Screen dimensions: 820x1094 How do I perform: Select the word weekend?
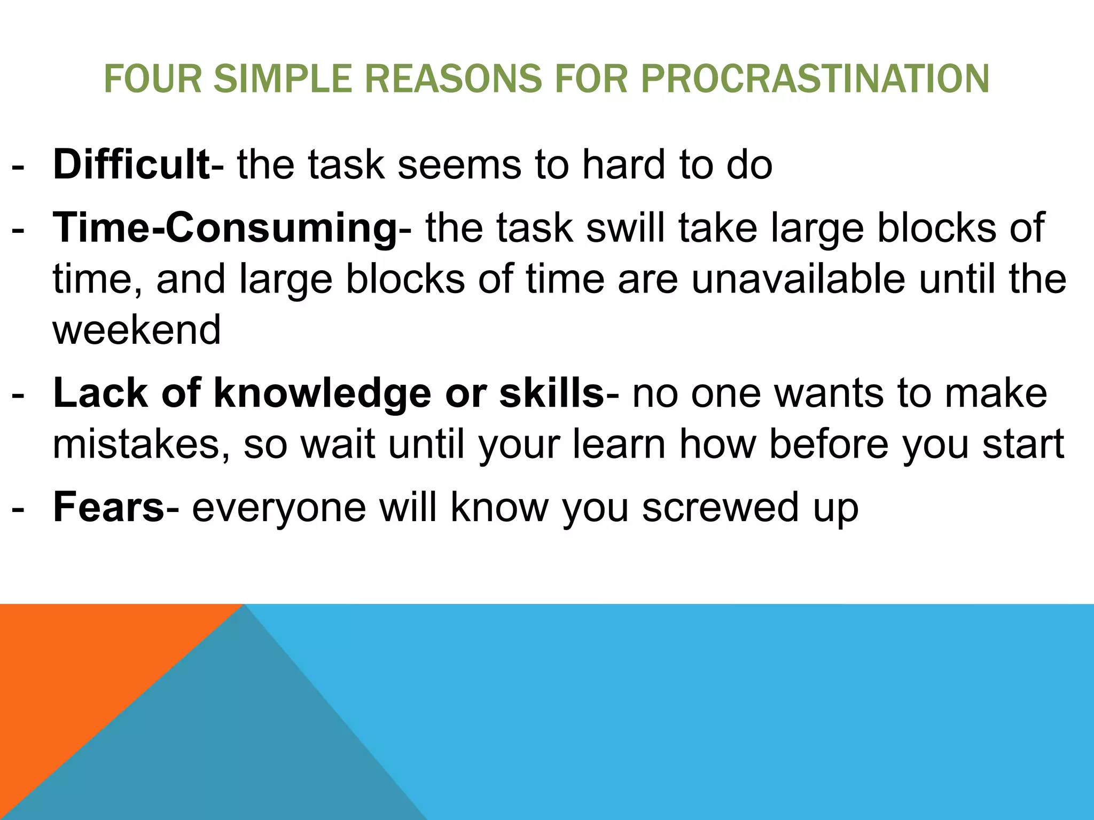(x=137, y=329)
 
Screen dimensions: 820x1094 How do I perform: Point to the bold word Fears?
(x=108, y=507)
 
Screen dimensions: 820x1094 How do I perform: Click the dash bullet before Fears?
(x=18, y=509)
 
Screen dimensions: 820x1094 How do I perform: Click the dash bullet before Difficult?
(x=18, y=166)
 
